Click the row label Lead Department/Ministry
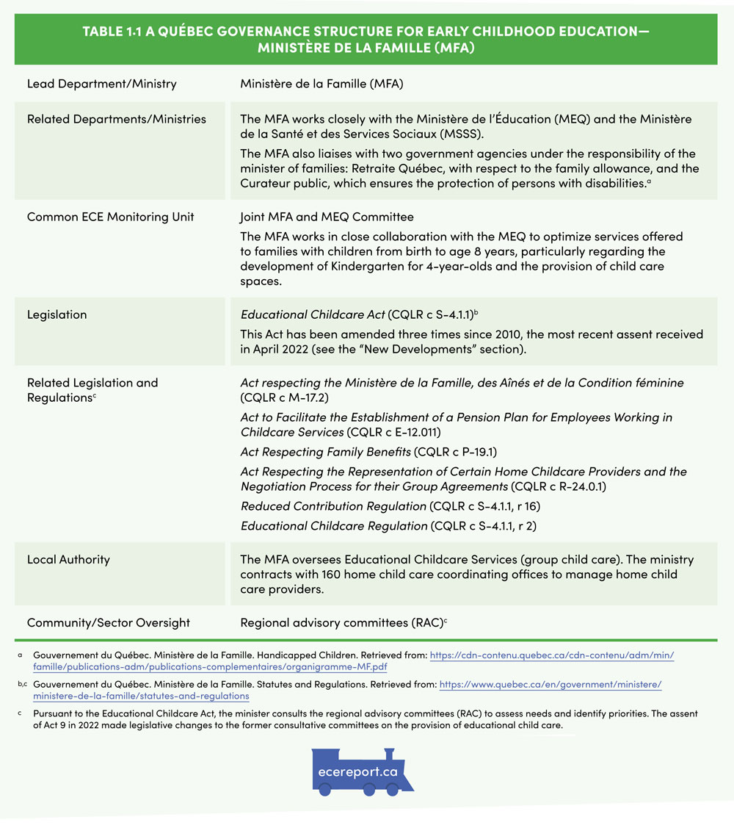[101, 84]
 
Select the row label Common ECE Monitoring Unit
[110, 217]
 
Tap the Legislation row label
[57, 314]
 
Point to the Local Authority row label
[68, 559]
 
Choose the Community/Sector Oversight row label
[108, 622]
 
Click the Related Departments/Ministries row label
[116, 119]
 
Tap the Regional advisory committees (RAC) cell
[341, 622]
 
